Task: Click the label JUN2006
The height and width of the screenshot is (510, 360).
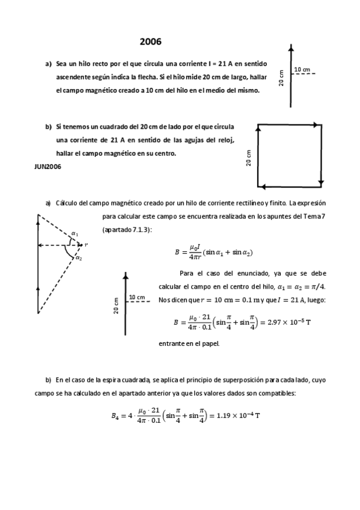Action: (x=47, y=166)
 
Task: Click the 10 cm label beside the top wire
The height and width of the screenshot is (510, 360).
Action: (x=302, y=70)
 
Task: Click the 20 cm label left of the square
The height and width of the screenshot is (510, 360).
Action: (x=249, y=158)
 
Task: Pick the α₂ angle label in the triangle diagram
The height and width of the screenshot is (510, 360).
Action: (x=79, y=257)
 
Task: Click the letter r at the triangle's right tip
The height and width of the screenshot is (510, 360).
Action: (x=87, y=245)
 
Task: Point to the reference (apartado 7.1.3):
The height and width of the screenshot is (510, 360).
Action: (x=127, y=230)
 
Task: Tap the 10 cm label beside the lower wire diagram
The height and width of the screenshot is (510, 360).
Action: (x=137, y=298)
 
